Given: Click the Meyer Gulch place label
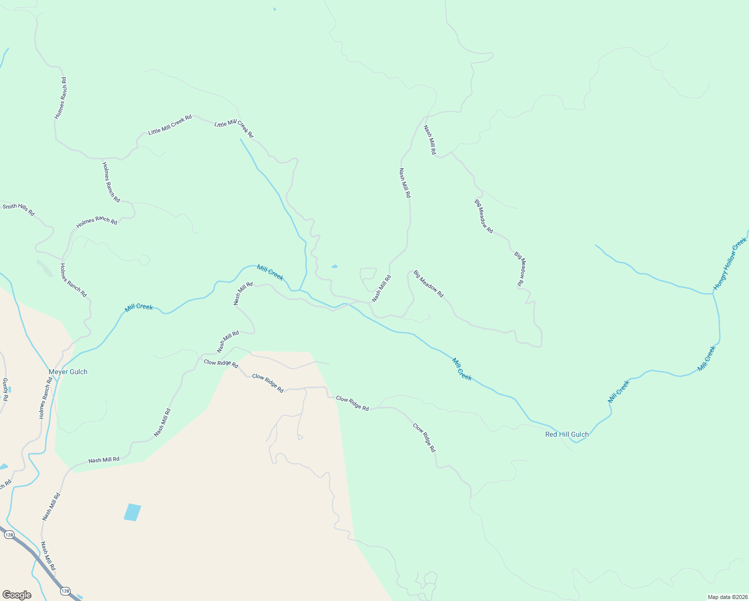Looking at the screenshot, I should (x=68, y=372).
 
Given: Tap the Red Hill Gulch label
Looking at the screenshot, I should (x=567, y=434).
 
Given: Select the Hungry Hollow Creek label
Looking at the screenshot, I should (x=730, y=264).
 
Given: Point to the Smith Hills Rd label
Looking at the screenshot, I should (x=19, y=209).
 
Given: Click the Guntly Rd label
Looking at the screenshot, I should (x=6, y=389).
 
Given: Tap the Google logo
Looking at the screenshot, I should (x=17, y=594).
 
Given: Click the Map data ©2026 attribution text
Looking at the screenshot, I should (x=726, y=597).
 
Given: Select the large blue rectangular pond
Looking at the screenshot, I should (x=132, y=512).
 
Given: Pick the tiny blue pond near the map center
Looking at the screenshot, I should (x=334, y=266).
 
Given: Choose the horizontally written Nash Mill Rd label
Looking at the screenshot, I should (x=104, y=460).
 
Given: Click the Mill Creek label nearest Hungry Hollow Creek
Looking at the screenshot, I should (x=706, y=359).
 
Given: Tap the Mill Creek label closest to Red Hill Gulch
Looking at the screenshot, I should (x=618, y=392).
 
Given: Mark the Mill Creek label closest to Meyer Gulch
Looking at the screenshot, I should (x=139, y=307).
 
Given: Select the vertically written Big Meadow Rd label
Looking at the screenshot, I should (x=521, y=269).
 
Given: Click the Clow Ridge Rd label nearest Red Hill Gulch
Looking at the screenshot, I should (x=424, y=438).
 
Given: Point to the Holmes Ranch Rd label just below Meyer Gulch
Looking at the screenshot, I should (x=46, y=398).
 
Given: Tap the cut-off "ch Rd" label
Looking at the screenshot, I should (x=5, y=485).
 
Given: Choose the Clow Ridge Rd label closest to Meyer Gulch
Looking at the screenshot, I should (x=221, y=363).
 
